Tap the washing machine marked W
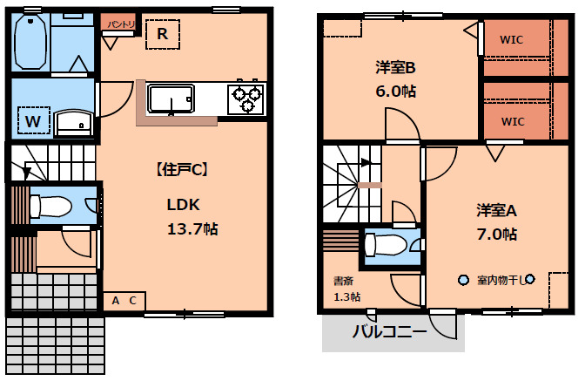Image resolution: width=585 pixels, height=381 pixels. tap(32, 119)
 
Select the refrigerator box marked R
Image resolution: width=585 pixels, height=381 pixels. tap(163, 35)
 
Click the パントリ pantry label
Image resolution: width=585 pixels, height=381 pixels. tap(120, 24)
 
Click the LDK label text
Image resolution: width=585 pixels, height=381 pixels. tap(184, 206)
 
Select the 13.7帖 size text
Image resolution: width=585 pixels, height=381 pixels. tap(192, 229)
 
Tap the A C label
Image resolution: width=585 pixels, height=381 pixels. tap(124, 301)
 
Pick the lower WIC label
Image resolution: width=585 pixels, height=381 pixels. tap(512, 121)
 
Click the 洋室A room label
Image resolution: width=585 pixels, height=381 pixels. tap(496, 210)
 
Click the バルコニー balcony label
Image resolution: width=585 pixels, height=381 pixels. tap(389, 332)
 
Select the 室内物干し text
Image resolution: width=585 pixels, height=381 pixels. tap(503, 280)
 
